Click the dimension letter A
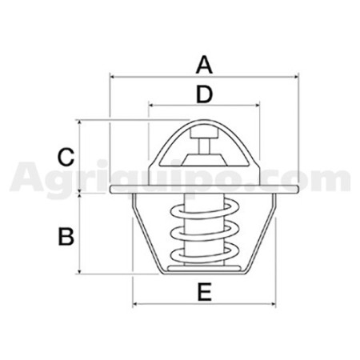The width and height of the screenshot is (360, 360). coord(204,65)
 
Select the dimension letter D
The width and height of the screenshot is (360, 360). coord(204,94)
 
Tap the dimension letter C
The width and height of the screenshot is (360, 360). coord(66,157)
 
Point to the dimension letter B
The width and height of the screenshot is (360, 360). coord(66,236)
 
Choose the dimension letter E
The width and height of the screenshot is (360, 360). coord(205,292)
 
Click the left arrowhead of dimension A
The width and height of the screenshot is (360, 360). coord(112,77)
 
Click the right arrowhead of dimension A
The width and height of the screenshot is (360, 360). coord(296,77)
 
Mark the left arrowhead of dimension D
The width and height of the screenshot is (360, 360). coord(151,105)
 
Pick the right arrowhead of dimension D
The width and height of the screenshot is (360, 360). coord(257,105)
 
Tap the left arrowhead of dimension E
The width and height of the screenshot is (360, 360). coord(135,304)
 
